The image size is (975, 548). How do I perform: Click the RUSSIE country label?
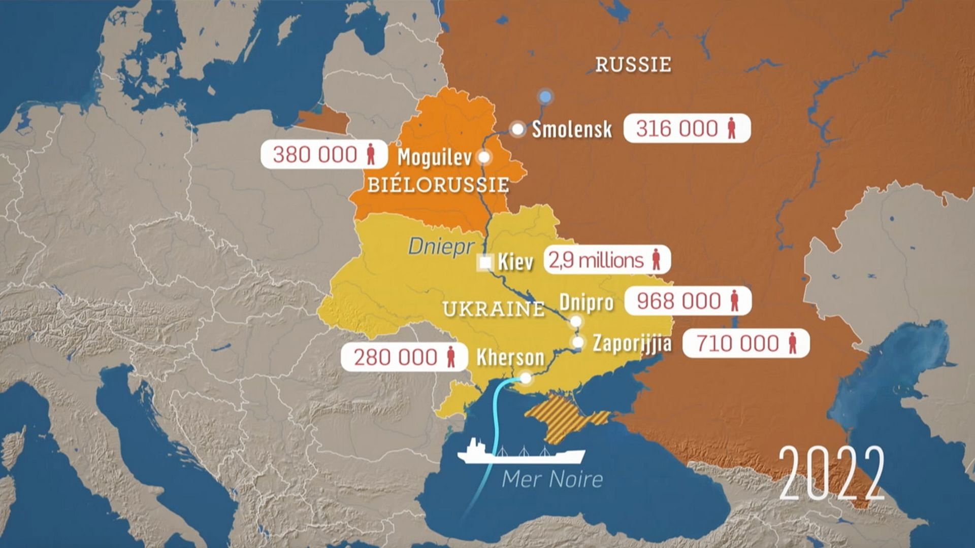point(633,65)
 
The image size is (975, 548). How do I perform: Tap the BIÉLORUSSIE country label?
point(438,185)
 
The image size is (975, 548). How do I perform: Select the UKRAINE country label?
point(493,309)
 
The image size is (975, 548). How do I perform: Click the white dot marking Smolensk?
point(517,129)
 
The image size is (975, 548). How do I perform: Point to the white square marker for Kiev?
point(485,263)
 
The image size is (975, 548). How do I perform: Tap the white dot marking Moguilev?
point(484,157)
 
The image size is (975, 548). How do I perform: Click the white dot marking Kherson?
point(526,378)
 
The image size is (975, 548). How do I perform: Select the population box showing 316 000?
point(687,128)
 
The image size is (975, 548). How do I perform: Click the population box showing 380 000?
point(324,154)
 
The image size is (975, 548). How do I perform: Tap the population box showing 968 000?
point(688,301)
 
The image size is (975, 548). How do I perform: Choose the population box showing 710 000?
point(745,344)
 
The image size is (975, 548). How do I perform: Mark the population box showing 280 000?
point(404,357)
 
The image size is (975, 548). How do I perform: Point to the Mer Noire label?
point(552,479)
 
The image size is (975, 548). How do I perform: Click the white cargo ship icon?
point(521,453)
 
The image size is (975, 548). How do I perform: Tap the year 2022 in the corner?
point(831,473)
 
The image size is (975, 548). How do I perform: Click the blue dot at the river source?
point(545,96)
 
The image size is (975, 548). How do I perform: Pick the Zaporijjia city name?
point(632,344)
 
